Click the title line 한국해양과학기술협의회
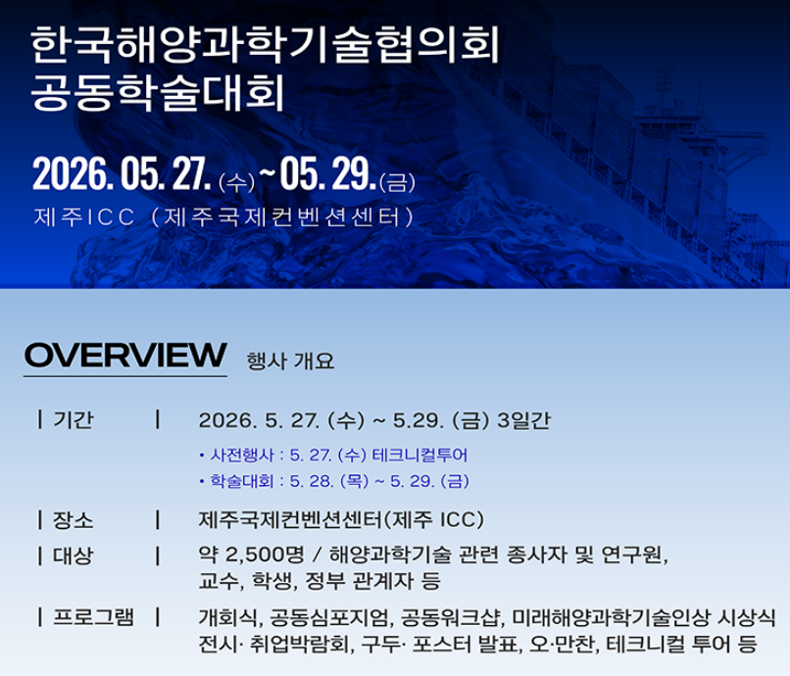click(x=265, y=45)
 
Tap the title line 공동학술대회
click(x=158, y=93)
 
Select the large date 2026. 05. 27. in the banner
click(x=122, y=173)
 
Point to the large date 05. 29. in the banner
click(x=328, y=173)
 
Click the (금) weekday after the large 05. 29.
click(x=398, y=182)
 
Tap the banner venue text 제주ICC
click(x=84, y=217)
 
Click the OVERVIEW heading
click(x=125, y=355)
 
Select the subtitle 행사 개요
click(x=290, y=361)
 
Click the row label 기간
click(x=74, y=419)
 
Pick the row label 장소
click(x=74, y=520)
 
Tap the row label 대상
click(x=74, y=556)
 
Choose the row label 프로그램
click(x=94, y=617)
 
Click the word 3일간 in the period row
click(x=524, y=420)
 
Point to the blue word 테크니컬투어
click(x=420, y=455)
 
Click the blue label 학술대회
click(x=242, y=481)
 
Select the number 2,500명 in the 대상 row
click(x=265, y=555)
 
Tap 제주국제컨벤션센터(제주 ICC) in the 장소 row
click(x=341, y=519)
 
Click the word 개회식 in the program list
click(x=228, y=617)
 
